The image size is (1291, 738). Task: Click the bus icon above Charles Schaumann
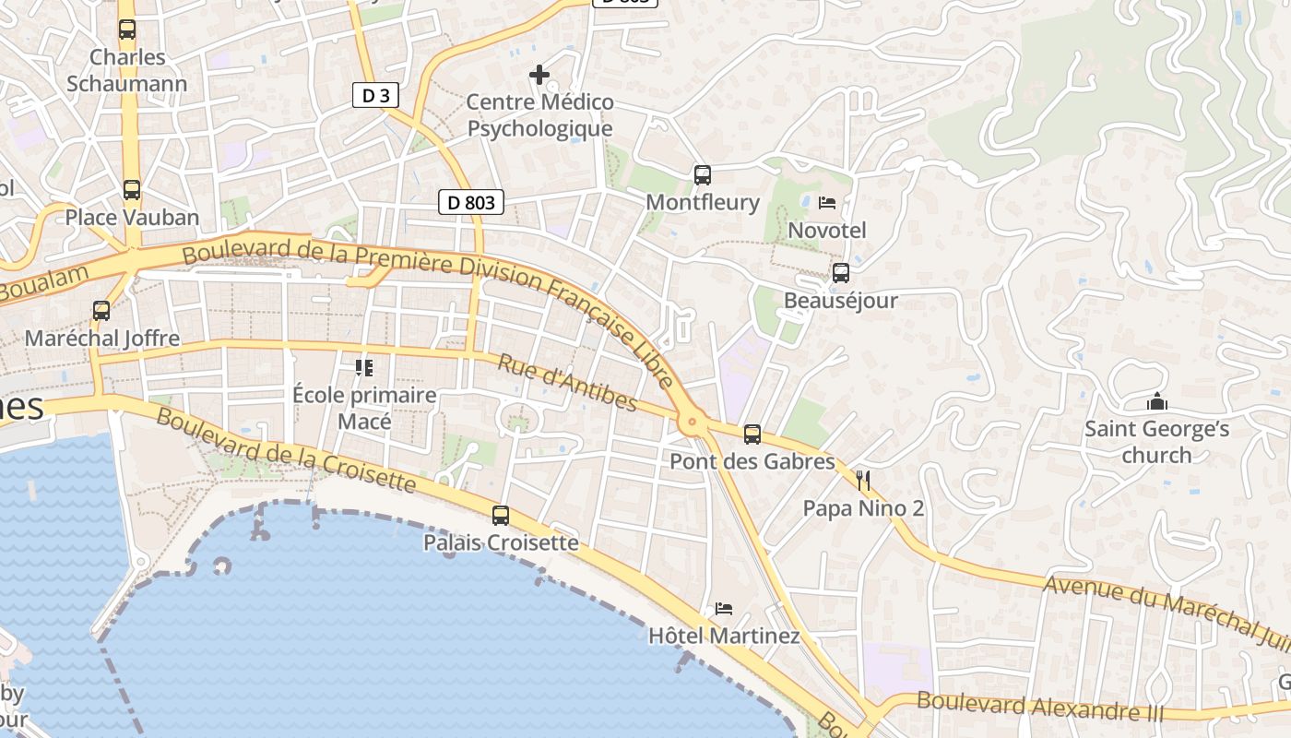click(x=127, y=30)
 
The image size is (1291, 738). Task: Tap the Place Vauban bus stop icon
click(x=132, y=190)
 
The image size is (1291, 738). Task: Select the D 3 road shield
click(x=375, y=95)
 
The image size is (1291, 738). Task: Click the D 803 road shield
click(x=471, y=202)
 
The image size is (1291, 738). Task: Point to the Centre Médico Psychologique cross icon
click(x=539, y=75)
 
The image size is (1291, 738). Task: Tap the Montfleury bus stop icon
click(x=703, y=174)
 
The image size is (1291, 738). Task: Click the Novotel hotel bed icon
click(x=827, y=202)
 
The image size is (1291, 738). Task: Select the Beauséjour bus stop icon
click(x=840, y=273)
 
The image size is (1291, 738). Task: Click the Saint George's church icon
click(x=1156, y=401)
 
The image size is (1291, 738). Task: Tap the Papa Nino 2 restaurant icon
click(x=863, y=480)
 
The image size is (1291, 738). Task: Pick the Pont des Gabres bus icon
click(x=752, y=434)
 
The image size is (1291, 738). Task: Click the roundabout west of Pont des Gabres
click(x=692, y=423)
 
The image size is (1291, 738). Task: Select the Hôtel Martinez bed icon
click(x=724, y=609)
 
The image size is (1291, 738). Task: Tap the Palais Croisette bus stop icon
click(x=501, y=516)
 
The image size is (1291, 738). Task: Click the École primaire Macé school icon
click(x=364, y=368)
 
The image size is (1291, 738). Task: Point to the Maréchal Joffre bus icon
click(x=101, y=311)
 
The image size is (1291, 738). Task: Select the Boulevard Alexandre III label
click(x=1040, y=708)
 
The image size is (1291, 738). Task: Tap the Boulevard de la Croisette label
click(x=286, y=449)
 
